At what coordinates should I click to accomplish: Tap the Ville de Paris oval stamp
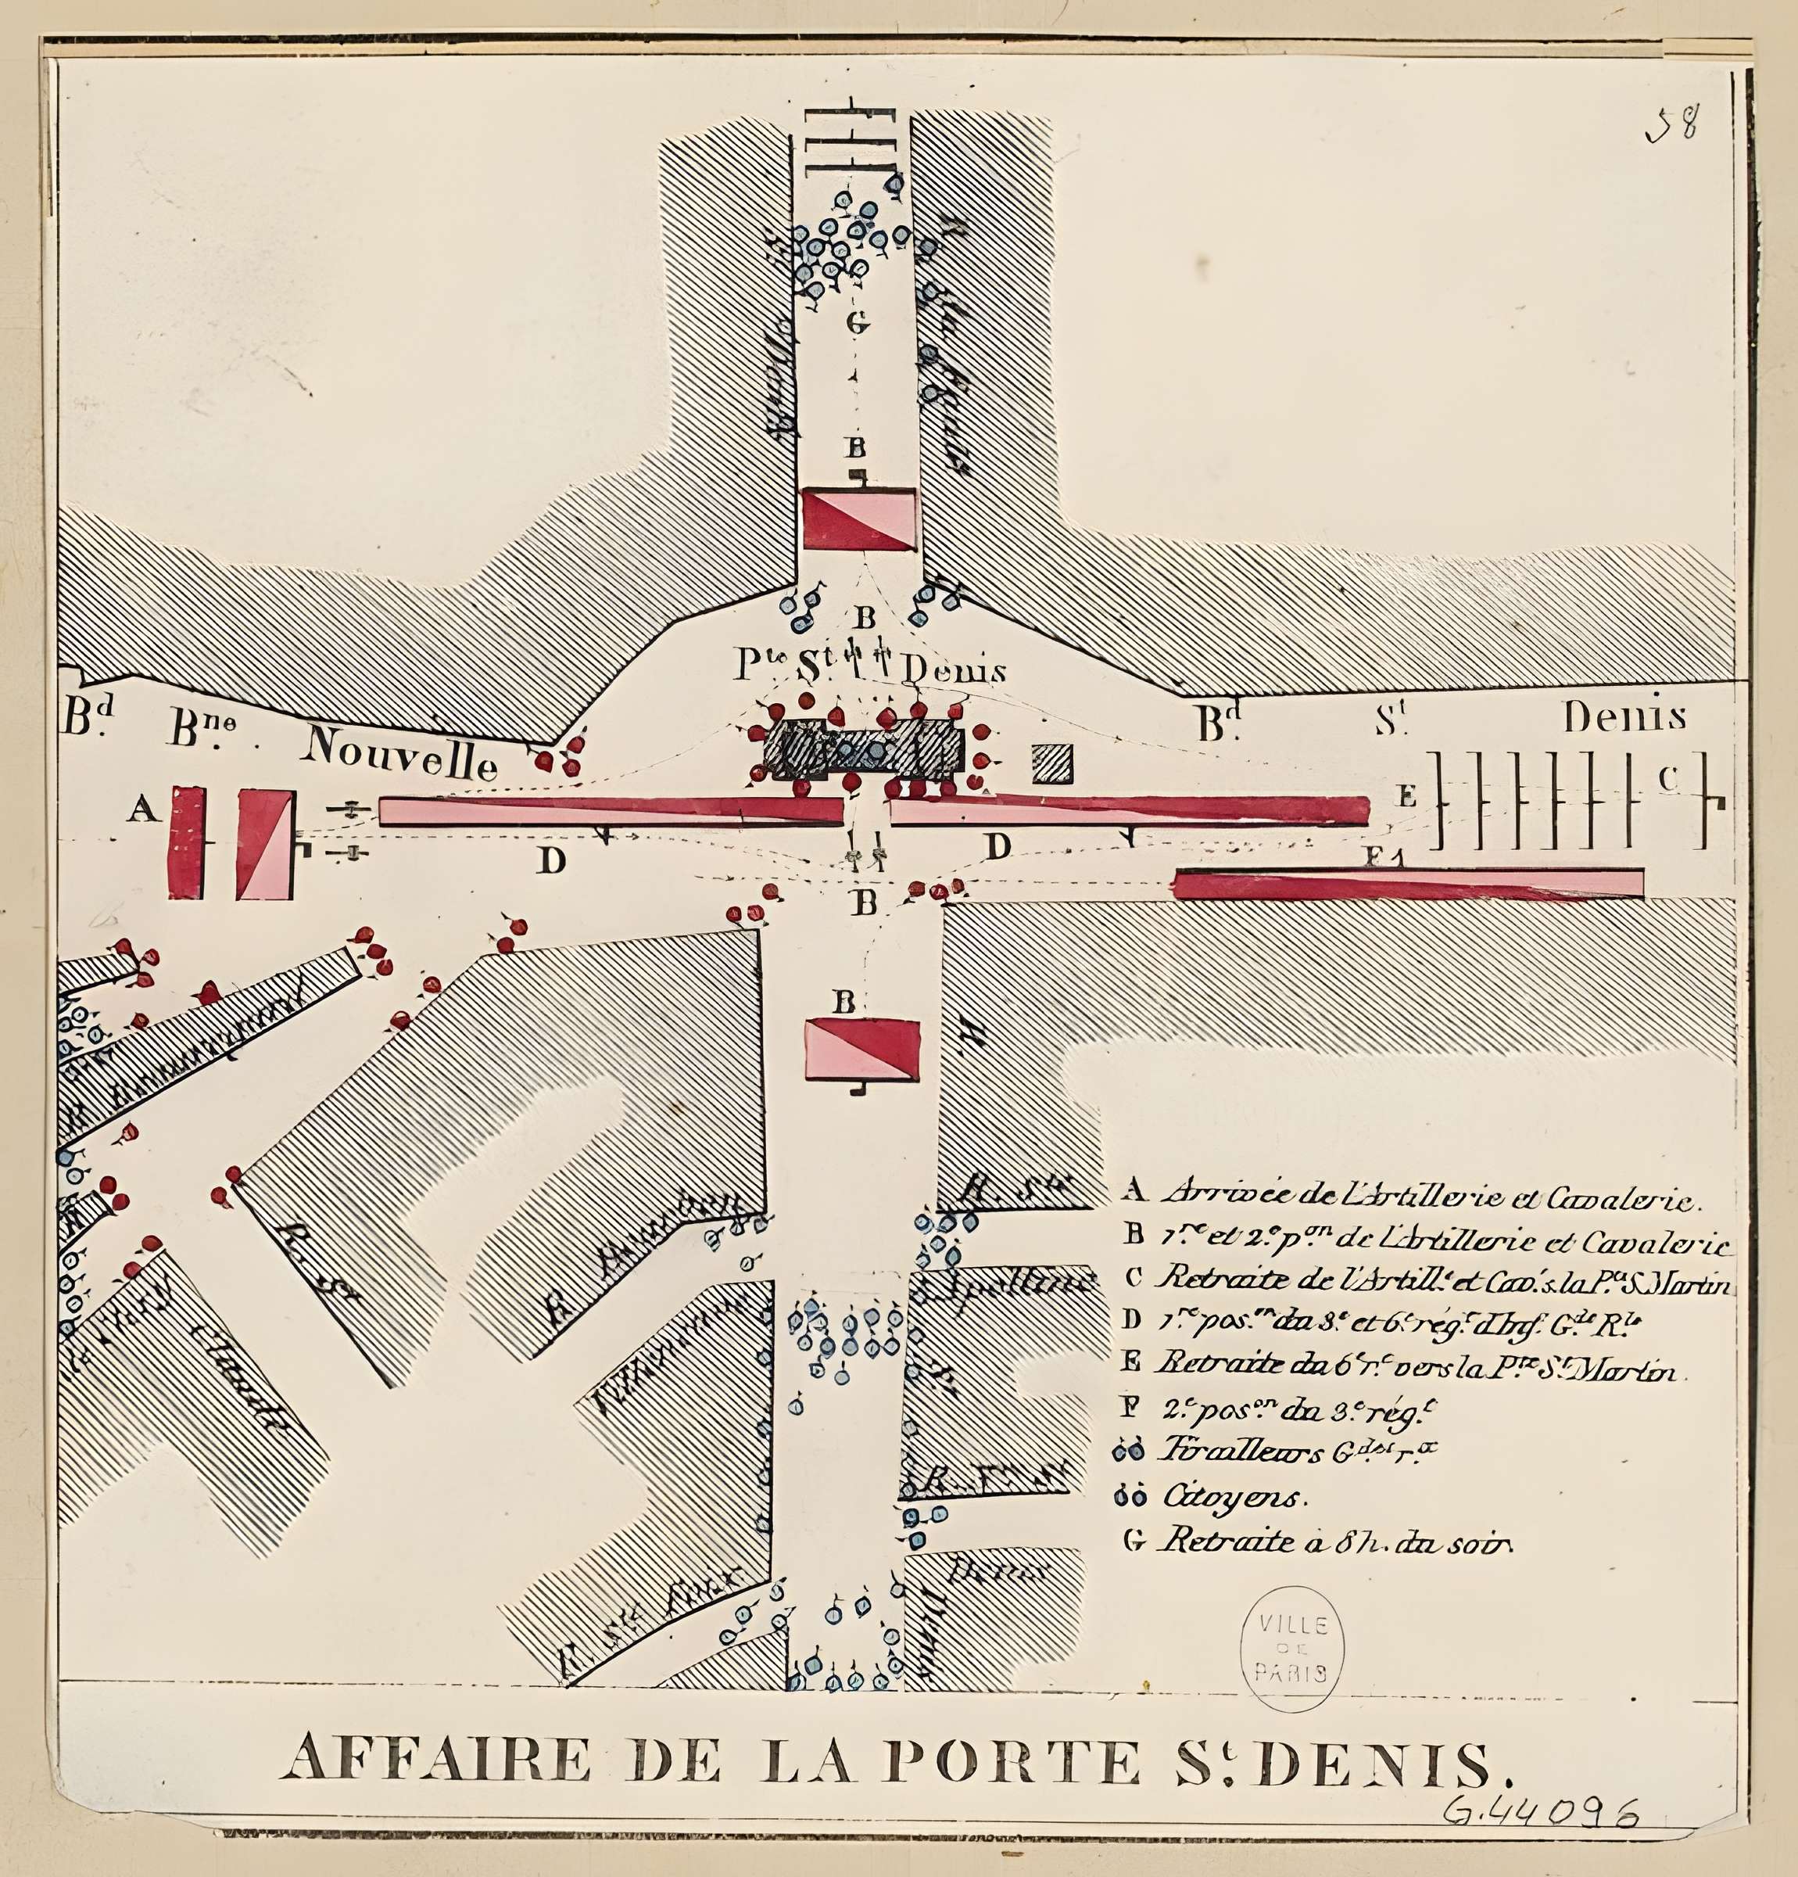point(1291,1646)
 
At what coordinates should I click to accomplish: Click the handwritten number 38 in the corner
point(1674,124)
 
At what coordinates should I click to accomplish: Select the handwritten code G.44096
point(1541,1813)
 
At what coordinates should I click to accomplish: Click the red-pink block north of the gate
point(860,519)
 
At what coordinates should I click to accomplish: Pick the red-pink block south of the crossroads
point(861,1050)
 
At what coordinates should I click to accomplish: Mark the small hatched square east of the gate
point(1052,763)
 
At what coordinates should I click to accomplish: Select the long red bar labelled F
point(1407,883)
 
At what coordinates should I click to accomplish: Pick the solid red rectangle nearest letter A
point(187,843)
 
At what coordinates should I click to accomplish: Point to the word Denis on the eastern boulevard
point(1624,717)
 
